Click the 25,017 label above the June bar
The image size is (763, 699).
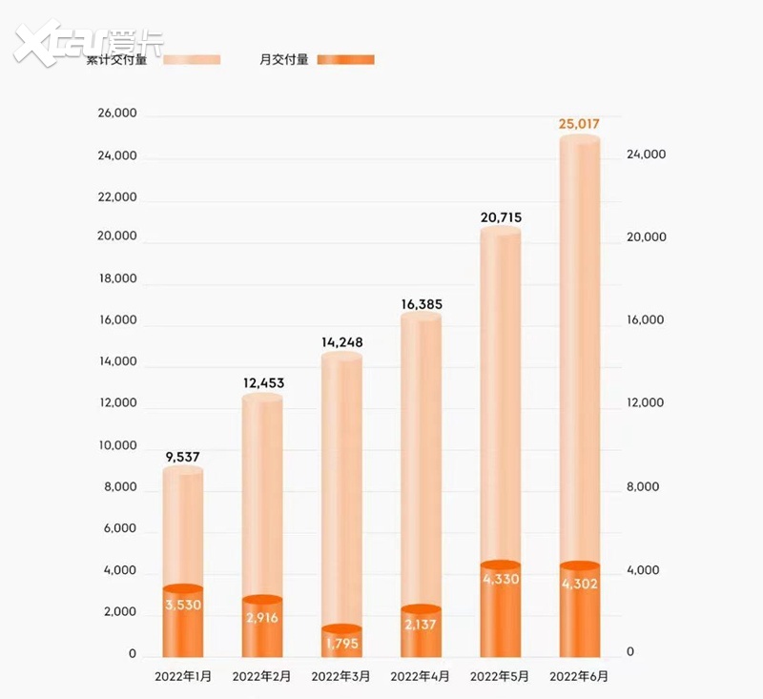pyautogui.click(x=579, y=125)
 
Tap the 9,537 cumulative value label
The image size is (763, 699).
pyautogui.click(x=182, y=457)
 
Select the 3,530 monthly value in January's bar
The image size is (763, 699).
pyautogui.click(x=182, y=605)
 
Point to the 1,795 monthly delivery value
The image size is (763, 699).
pyautogui.click(x=341, y=644)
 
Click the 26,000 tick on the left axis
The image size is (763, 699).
pyautogui.click(x=117, y=114)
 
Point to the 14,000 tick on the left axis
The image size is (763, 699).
pyautogui.click(x=117, y=363)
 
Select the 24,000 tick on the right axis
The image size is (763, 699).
pyautogui.click(x=645, y=155)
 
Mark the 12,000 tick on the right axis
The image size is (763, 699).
pyautogui.click(x=645, y=403)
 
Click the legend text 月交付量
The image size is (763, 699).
pyautogui.click(x=284, y=59)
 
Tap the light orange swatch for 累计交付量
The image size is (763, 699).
pyautogui.click(x=193, y=59)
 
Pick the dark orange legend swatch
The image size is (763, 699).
pyautogui.click(x=346, y=59)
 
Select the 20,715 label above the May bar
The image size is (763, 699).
pyautogui.click(x=501, y=218)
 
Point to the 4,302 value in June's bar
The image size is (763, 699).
pyautogui.click(x=579, y=584)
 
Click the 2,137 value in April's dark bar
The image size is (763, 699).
pyautogui.click(x=421, y=625)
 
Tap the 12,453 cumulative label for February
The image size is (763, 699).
pyautogui.click(x=261, y=383)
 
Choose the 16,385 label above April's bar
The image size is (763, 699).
pyautogui.click(x=421, y=304)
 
